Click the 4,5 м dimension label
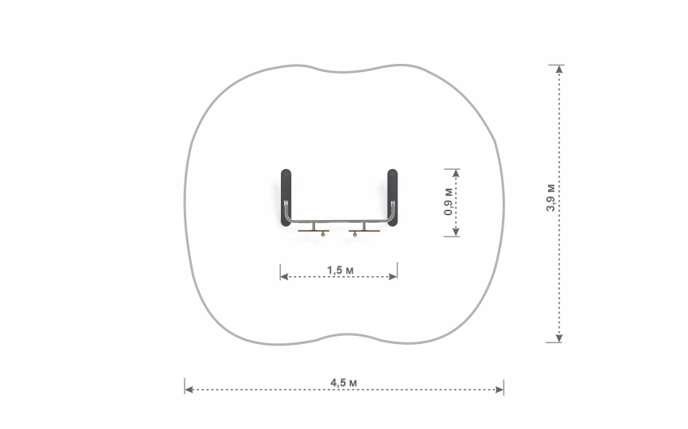(343, 383)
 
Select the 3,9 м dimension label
(550, 198)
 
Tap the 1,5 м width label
(340, 270)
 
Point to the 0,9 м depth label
(448, 202)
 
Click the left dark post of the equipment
(286, 198)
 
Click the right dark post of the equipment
(393, 198)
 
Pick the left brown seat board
(314, 231)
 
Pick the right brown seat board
(364, 231)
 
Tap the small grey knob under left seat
(324, 235)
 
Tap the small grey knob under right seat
(355, 235)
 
